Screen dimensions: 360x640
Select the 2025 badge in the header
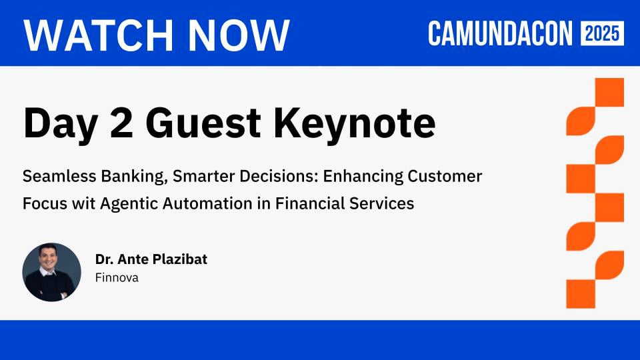(602, 33)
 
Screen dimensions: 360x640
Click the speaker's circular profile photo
(51, 272)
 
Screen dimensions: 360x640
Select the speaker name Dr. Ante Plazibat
(151, 259)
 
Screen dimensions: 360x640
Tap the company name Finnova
(117, 277)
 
